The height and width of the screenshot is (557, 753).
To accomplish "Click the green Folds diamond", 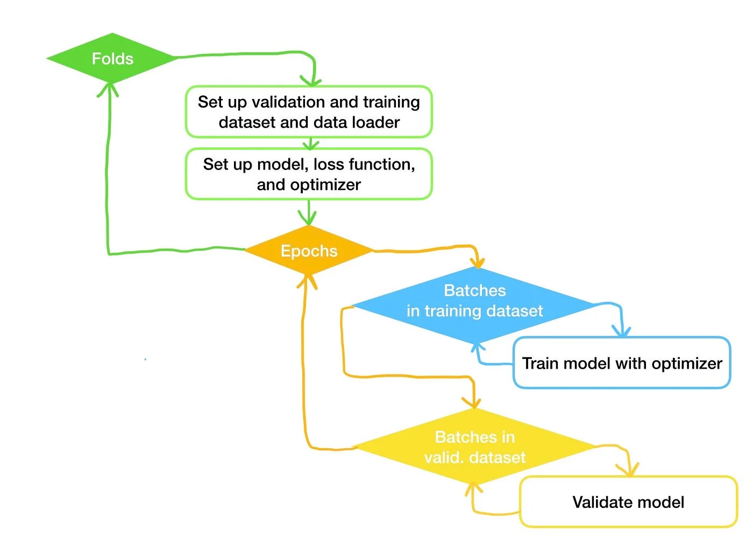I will click(112, 58).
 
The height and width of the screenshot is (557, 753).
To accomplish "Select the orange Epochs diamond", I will click(309, 251).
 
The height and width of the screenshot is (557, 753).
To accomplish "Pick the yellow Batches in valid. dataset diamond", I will click(474, 447).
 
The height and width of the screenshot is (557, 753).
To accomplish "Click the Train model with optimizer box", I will click(622, 363).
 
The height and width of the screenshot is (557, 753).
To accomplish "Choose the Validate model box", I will click(628, 502).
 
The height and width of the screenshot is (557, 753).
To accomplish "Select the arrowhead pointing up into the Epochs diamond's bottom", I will click(307, 280).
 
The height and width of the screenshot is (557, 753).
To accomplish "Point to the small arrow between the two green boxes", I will click(310, 144).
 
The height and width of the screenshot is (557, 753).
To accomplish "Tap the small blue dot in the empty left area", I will click(145, 359).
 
